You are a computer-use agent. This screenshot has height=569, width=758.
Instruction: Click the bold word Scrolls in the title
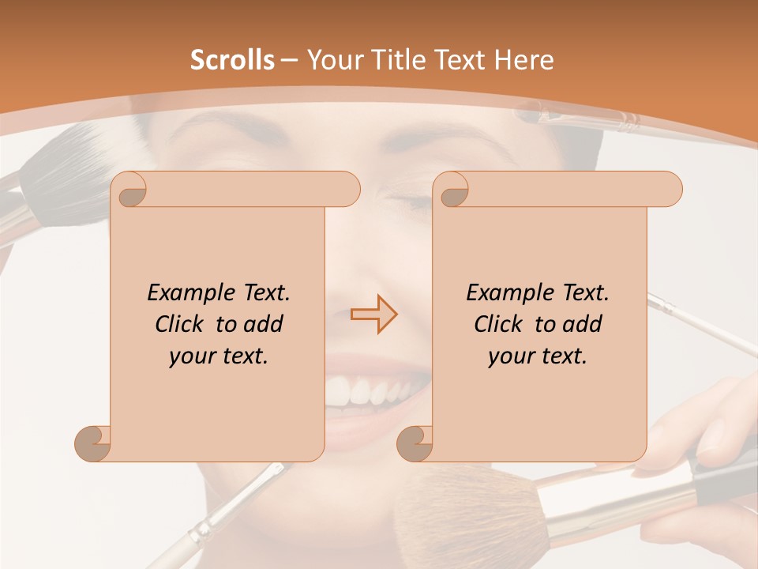point(232,60)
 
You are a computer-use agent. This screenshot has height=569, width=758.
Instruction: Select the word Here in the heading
point(523,60)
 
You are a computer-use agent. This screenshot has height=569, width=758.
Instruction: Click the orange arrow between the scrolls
point(374,314)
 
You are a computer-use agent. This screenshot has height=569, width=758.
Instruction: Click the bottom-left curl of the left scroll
point(92,443)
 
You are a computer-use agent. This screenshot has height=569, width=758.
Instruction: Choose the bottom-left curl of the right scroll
point(415,443)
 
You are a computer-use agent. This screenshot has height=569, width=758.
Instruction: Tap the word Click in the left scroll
point(182,324)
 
